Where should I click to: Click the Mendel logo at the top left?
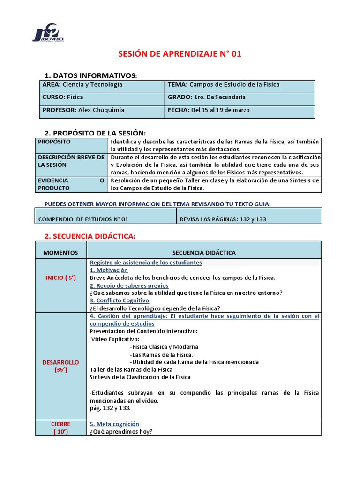(49, 33)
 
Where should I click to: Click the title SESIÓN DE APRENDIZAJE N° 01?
(180, 54)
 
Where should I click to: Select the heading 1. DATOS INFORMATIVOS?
(90, 75)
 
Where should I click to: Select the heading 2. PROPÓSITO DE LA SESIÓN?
(95, 133)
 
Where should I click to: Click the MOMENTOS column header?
(60, 253)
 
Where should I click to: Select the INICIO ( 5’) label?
(60, 277)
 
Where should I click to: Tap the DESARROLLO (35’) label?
(60, 366)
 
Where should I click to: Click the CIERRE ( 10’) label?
(60, 427)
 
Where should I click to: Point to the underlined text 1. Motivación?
(108, 270)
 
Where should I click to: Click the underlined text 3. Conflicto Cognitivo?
(119, 300)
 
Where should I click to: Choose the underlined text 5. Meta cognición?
(114, 424)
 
